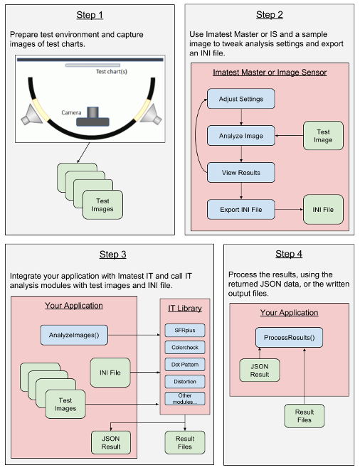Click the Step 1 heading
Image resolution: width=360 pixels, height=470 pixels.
[90, 15]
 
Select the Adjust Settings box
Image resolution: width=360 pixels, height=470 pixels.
[241, 99]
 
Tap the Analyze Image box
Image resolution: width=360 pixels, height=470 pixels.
[241, 136]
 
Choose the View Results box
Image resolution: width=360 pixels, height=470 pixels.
[241, 172]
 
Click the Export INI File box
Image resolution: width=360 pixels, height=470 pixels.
[241, 210]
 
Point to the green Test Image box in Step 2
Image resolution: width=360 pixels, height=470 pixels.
[323, 136]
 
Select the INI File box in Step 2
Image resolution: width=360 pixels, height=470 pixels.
[323, 210]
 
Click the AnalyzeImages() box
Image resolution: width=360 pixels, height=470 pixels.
[74, 335]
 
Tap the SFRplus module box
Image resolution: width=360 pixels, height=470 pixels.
[185, 331]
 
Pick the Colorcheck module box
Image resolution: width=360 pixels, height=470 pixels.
[185, 348]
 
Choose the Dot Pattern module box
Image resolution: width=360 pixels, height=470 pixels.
[185, 365]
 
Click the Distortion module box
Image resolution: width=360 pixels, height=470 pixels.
[185, 382]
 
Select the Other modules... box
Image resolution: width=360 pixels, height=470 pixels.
[185, 399]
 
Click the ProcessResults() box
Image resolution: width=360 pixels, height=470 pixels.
[289, 338]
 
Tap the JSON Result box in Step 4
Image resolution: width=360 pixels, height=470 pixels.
[260, 370]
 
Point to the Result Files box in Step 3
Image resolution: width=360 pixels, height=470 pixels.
[185, 442]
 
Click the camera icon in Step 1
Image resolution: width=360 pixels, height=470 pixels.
[92, 117]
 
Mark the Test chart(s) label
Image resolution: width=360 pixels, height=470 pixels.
[112, 72]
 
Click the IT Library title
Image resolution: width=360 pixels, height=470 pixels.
[185, 308]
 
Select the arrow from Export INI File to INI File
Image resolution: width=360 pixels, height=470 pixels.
[289, 210]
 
